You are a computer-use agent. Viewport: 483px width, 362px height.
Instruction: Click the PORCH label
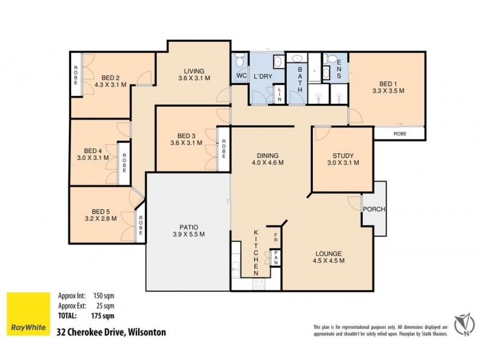374,209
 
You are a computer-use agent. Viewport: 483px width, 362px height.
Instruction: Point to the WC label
241,75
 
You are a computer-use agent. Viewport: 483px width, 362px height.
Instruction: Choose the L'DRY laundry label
263,75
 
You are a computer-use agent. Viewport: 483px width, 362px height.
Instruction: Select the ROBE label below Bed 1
400,133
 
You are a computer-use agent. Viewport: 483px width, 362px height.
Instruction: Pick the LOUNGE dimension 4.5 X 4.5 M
328,261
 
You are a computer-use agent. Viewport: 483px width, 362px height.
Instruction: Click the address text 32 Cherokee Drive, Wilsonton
110,332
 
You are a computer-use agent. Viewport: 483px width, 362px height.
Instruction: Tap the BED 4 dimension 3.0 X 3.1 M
93,158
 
